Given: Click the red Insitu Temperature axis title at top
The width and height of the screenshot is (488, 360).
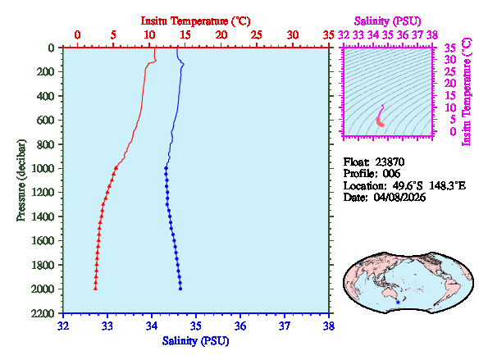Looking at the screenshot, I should point(195,20).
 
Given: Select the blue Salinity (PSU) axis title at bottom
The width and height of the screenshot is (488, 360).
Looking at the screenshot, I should point(195,340).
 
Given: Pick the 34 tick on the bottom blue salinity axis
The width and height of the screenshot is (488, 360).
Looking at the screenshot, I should point(152,326).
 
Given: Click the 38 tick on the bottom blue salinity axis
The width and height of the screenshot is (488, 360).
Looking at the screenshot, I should point(328,326).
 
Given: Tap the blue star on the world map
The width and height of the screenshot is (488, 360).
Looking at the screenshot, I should point(399,302).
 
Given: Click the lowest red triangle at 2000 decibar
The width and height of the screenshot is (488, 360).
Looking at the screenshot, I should point(95,288).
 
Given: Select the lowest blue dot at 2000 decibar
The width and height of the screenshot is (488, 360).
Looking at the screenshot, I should point(180,288).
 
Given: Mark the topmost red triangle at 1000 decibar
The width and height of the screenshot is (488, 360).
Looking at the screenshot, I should point(116,167).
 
